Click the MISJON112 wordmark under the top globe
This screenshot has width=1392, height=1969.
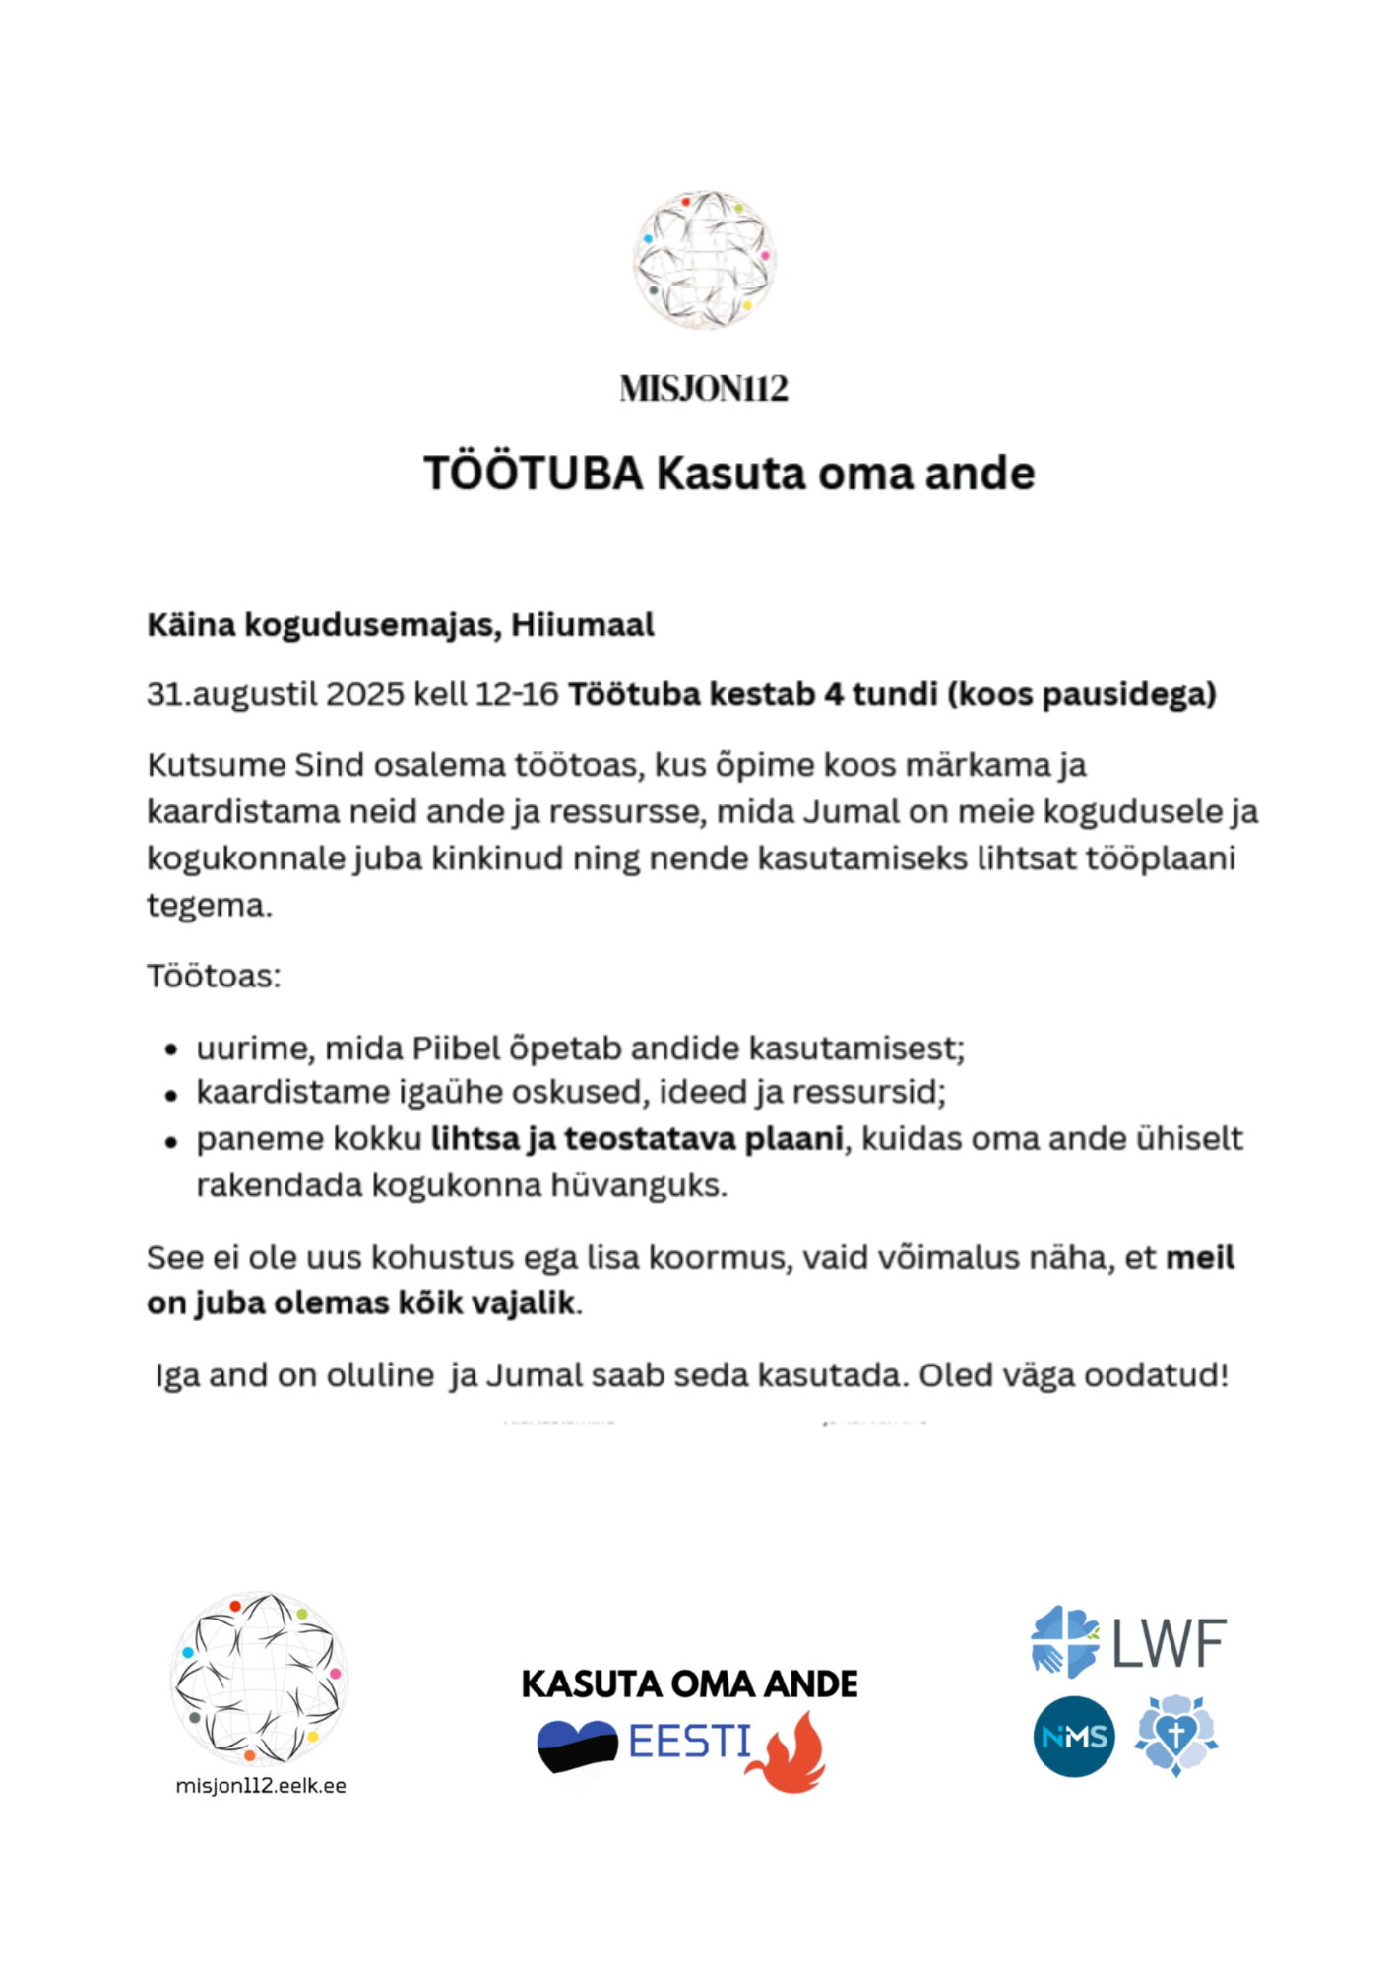click(704, 389)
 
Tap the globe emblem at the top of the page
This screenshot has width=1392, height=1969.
click(704, 259)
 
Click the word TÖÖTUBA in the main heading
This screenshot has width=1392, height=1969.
click(534, 474)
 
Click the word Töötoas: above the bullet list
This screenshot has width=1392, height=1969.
click(214, 976)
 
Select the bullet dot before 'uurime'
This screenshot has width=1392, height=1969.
click(171, 1049)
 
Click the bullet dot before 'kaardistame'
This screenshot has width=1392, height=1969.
click(171, 1095)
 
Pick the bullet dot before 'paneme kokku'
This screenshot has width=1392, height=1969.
click(171, 1141)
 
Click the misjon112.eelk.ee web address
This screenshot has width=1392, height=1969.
click(261, 1786)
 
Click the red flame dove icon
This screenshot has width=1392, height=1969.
click(791, 1752)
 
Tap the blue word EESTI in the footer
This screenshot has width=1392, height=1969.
click(690, 1743)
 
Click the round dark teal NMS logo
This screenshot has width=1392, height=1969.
click(1074, 1737)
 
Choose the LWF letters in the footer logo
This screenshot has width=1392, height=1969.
click(1170, 1642)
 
